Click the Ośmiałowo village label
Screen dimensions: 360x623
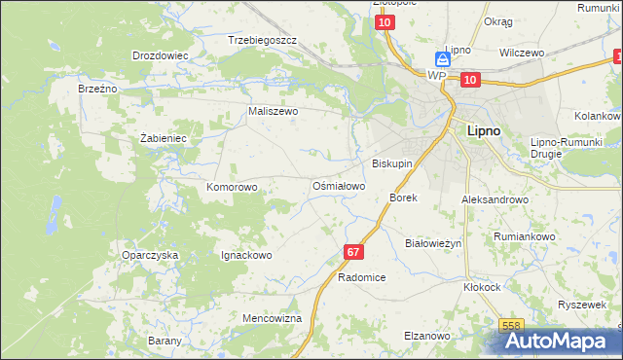coord(338,185)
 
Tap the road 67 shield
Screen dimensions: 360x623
coord(353,252)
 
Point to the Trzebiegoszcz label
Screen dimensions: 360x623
coord(262,41)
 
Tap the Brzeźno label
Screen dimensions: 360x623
coord(97,88)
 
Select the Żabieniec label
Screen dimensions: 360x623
coord(163,138)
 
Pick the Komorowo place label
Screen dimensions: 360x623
coord(232,186)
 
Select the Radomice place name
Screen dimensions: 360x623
coord(362,277)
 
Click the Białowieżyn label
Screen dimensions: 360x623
coord(432,243)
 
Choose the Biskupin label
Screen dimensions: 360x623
coord(392,163)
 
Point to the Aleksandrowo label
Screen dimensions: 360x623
coord(495,199)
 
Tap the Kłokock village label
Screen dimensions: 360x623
coord(482,288)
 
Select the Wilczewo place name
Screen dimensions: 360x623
coord(521,53)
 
